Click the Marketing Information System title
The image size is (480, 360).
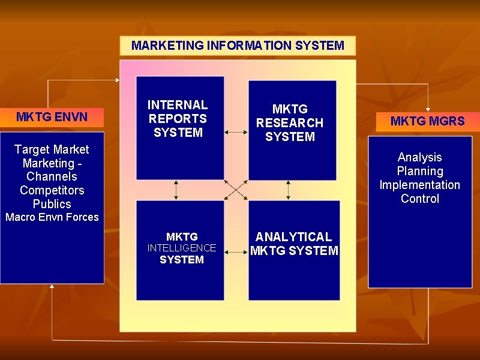[x=238, y=46]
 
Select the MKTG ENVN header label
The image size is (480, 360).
[x=52, y=117]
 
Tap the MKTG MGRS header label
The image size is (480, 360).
[x=427, y=121]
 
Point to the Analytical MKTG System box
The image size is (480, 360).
[x=294, y=250]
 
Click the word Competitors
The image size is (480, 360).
[x=52, y=190]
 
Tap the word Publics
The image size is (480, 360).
[x=52, y=204]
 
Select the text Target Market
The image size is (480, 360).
[x=52, y=149]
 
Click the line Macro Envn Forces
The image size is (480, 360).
[x=52, y=217]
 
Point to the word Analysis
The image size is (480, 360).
[x=419, y=158]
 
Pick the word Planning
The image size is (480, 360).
[x=419, y=172]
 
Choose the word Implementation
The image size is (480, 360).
[x=419, y=185]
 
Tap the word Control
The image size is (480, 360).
[x=419, y=199]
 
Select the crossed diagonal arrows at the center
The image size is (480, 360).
[x=236, y=190]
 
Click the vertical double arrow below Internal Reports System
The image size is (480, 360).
[x=176, y=190]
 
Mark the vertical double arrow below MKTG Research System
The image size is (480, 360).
[x=289, y=190]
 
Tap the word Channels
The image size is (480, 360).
[x=52, y=176]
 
